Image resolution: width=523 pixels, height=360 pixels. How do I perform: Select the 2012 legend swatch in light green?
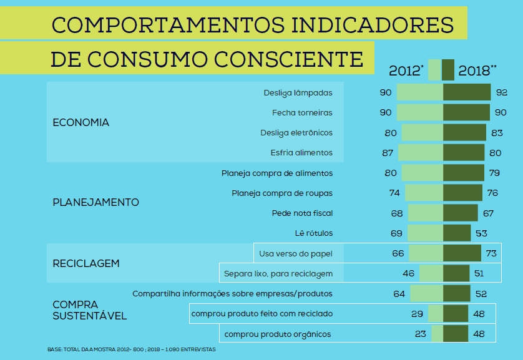(435, 70)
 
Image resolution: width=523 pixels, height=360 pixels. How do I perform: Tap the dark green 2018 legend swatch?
(448, 70)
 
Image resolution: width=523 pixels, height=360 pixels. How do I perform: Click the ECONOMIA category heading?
(81, 123)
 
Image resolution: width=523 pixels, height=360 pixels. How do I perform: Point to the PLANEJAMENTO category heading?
(96, 203)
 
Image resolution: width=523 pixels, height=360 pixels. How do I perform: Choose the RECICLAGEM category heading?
(86, 263)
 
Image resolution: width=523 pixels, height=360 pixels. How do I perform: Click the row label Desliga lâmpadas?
(298, 93)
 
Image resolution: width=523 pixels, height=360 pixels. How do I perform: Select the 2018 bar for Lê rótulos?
(457, 233)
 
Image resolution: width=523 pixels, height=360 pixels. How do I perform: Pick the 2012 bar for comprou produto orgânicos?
(437, 334)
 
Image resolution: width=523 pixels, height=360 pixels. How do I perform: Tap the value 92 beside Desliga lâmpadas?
(502, 93)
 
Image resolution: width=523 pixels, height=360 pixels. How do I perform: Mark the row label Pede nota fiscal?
(302, 213)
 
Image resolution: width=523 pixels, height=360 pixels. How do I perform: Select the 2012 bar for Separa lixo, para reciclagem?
(431, 273)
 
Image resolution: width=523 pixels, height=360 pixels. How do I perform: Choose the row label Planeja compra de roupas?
(282, 193)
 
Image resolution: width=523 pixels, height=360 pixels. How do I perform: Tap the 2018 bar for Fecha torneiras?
(466, 113)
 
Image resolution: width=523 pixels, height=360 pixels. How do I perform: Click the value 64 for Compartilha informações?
(399, 293)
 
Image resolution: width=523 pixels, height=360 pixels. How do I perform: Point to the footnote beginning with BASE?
(131, 349)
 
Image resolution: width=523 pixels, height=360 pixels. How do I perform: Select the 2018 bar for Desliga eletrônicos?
(464, 133)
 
